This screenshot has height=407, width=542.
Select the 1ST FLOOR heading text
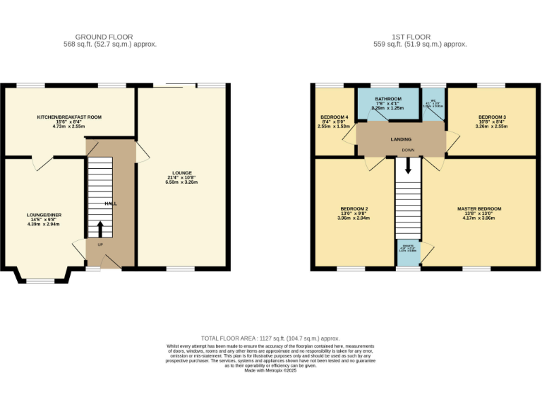[x=411, y=37]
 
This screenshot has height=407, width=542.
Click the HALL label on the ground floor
[x=111, y=203]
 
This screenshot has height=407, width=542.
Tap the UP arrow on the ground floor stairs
[x=100, y=229]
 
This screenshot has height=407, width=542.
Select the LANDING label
[x=401, y=139]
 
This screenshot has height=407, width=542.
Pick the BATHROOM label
[x=388, y=99]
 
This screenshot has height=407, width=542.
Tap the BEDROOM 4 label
[x=334, y=117]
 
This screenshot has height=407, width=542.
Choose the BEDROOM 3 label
[x=492, y=117]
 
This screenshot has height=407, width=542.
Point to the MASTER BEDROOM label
[x=478, y=209]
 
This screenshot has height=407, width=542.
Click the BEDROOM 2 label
[x=354, y=209]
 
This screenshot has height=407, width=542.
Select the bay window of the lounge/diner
[x=39, y=278]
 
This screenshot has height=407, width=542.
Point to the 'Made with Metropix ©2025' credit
[x=270, y=370]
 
